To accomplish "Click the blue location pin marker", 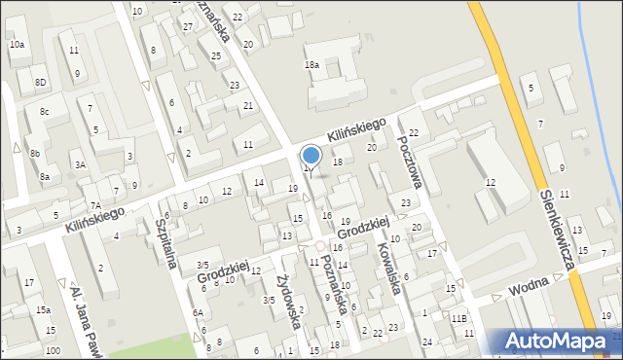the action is (311, 156).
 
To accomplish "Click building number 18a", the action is (311, 64).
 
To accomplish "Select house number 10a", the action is (17, 45).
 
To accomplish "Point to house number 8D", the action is (40, 83).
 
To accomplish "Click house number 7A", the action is (95, 205).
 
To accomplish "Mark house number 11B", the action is (458, 318).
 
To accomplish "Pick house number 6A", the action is (198, 312).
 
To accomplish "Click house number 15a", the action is (44, 309).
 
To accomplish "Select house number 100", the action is (52, 350).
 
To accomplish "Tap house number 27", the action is (187, 26).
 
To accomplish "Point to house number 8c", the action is (44, 112).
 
